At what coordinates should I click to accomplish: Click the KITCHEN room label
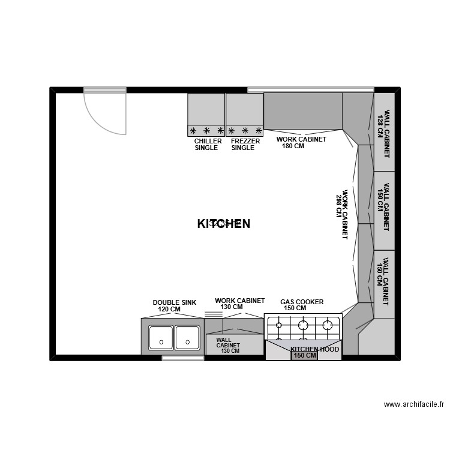point(223,223)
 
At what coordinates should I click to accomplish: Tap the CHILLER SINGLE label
point(208,145)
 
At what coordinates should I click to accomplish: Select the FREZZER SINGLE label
point(245,145)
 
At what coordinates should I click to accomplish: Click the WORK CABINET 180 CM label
point(301,142)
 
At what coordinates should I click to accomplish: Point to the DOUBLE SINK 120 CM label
point(174,306)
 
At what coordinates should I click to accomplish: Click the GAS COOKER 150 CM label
point(302,305)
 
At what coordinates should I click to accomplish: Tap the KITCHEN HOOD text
point(315,349)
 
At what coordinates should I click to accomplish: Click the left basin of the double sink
point(161,338)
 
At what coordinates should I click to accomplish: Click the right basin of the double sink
point(187,338)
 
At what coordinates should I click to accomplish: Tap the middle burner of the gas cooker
point(303,326)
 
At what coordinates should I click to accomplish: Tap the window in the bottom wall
point(182,358)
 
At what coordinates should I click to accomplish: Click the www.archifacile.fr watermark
point(414,404)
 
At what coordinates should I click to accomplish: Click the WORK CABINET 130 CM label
point(239,304)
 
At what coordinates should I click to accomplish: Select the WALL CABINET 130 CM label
point(228,346)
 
